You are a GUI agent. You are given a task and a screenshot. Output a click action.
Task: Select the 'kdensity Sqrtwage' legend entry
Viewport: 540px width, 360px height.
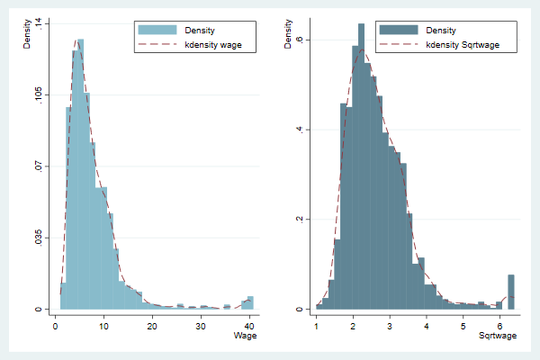(463, 44)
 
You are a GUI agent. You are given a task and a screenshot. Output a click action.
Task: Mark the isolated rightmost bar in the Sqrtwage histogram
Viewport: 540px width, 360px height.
(511, 292)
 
